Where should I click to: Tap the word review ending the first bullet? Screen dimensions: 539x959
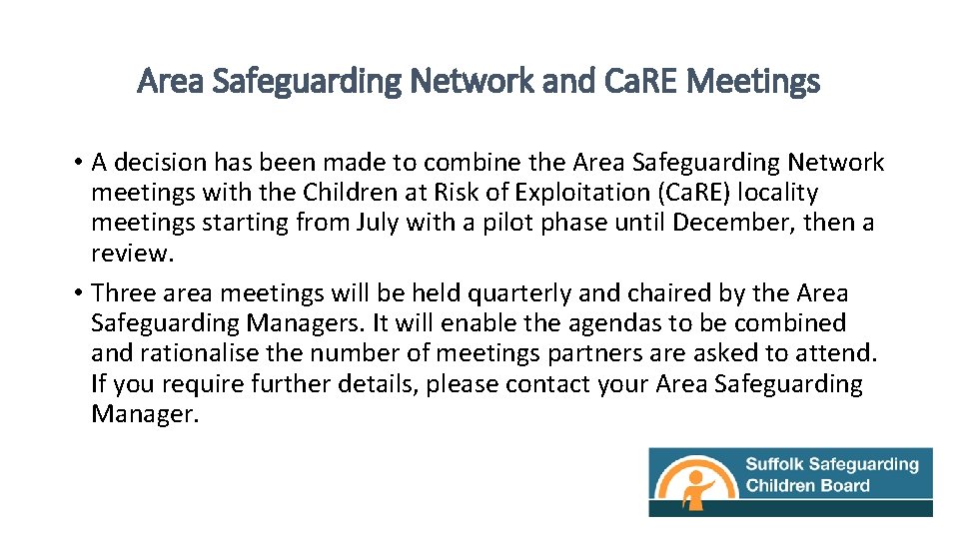click(x=131, y=253)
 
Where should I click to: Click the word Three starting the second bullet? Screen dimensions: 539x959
click(x=124, y=293)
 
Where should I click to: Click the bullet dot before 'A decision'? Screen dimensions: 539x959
click(x=77, y=163)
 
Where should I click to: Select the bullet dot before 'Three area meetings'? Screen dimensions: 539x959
click(x=77, y=293)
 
